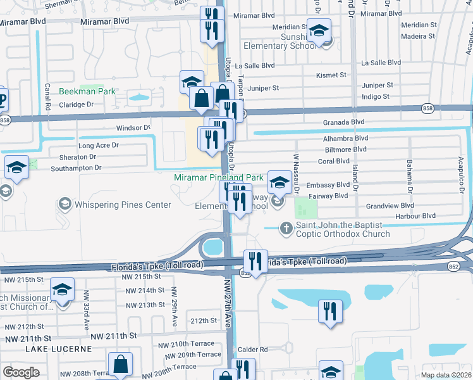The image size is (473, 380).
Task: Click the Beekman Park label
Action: point(87,91)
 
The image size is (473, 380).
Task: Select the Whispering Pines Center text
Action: point(123,205)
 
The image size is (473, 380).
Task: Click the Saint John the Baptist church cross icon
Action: point(286,227)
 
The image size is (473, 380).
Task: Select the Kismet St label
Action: point(331,75)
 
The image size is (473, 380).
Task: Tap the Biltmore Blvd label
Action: point(345,149)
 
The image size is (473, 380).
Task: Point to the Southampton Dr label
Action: point(77,168)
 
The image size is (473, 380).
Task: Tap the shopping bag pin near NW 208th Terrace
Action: point(120,365)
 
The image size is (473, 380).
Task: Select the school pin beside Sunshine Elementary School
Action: point(319,30)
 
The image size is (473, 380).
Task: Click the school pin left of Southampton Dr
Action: point(17,167)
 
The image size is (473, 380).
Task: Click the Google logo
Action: point(21,372)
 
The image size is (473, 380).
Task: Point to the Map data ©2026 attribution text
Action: point(446,375)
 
